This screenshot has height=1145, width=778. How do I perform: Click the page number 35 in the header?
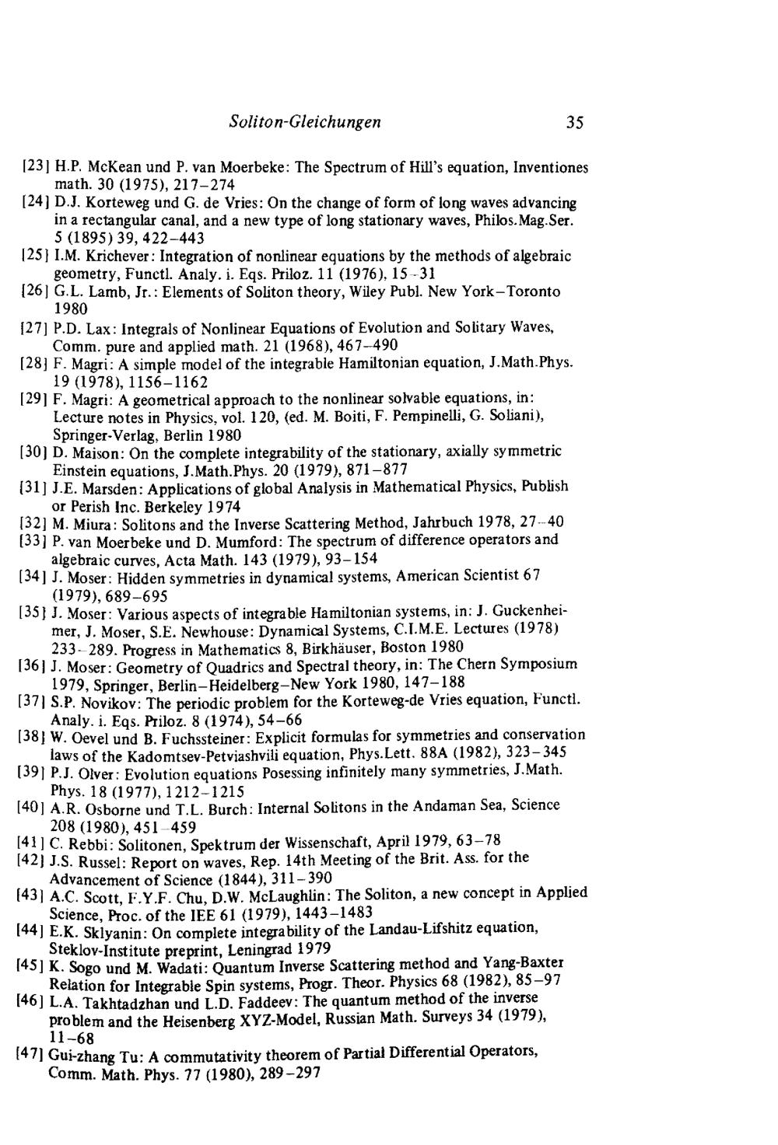click(575, 123)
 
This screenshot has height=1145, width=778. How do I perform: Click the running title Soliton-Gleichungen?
click(306, 122)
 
